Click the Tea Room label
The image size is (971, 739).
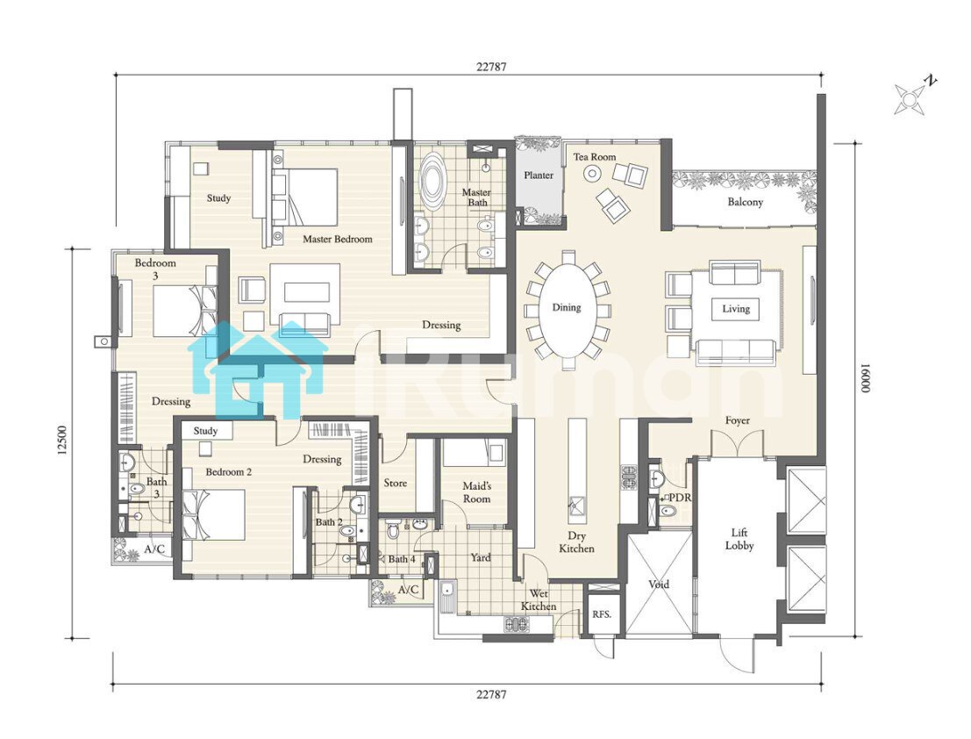pyautogui.click(x=595, y=157)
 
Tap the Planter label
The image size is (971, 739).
pyautogui.click(x=539, y=176)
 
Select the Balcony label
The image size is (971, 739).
pyautogui.click(x=745, y=202)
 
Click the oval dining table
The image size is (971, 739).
pyautogui.click(x=567, y=307)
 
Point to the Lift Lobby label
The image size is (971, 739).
pyautogui.click(x=739, y=539)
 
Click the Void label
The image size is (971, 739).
pyautogui.click(x=658, y=585)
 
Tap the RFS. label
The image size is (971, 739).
pyautogui.click(x=602, y=614)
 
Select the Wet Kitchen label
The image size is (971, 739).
pyautogui.click(x=539, y=600)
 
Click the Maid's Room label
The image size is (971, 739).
pyautogui.click(x=477, y=492)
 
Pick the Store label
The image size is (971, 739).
pyautogui.click(x=395, y=483)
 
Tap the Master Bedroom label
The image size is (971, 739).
pyautogui.click(x=338, y=239)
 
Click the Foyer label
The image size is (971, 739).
pyautogui.click(x=738, y=420)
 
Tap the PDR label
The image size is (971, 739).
pyautogui.click(x=680, y=498)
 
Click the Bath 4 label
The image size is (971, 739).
pyautogui.click(x=402, y=559)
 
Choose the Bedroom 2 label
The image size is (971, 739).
pyautogui.click(x=229, y=472)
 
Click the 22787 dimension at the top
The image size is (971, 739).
pyautogui.click(x=491, y=67)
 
